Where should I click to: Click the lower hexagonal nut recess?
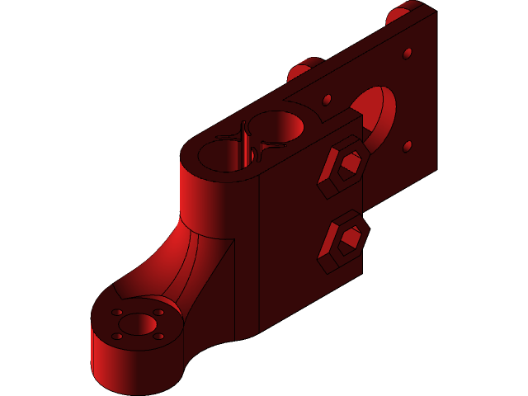tap(345, 240)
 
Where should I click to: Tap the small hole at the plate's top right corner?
tap(408, 54)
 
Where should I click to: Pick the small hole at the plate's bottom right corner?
tap(408, 147)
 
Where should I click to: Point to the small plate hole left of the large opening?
tap(328, 100)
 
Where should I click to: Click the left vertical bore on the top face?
tap(223, 155)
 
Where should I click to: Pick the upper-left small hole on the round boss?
tap(117, 313)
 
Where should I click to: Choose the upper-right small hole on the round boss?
tap(159, 313)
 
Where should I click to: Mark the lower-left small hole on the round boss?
tap(117, 336)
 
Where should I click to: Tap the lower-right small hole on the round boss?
tap(159, 336)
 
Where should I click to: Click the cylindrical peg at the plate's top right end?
tap(399, 14)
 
